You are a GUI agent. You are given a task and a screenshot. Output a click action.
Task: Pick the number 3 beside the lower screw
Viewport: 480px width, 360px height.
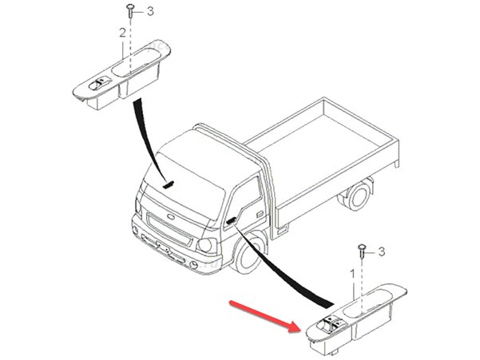tap(382, 251)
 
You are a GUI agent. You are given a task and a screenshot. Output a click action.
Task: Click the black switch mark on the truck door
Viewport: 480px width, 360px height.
tap(233, 218)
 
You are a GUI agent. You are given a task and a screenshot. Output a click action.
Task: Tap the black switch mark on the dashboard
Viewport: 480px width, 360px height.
tap(169, 184)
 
